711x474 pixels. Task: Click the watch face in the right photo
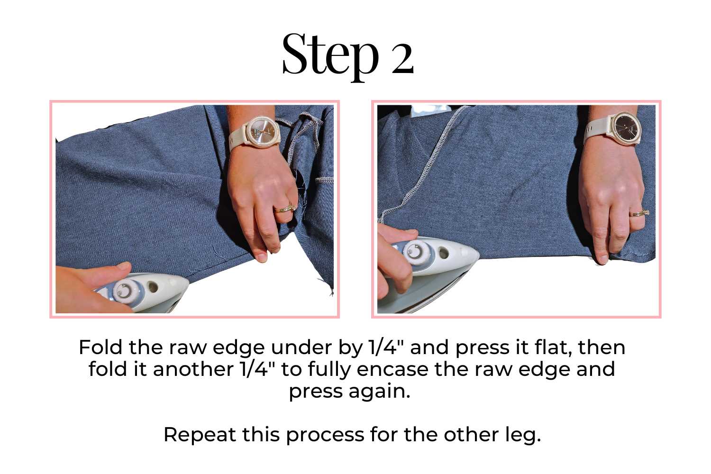coord(626,128)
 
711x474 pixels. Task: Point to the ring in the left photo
coord(285,208)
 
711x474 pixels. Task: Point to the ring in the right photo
coord(639,213)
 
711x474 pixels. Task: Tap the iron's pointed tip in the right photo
coord(478,254)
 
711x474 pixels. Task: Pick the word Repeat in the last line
coord(200,435)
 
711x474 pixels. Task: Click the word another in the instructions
coord(193,370)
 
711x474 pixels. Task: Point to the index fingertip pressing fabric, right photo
coord(602,259)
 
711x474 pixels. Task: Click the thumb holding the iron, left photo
coord(109,273)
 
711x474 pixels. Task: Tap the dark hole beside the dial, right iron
coord(443,253)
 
